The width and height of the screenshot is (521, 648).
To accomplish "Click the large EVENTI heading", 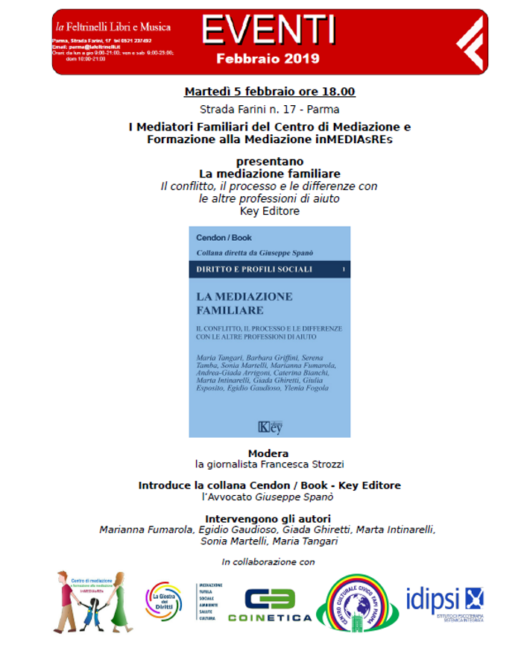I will click(269, 30).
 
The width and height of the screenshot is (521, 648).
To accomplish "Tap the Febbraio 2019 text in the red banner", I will click(268, 58).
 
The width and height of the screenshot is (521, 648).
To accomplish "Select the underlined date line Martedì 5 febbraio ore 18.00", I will click(269, 92).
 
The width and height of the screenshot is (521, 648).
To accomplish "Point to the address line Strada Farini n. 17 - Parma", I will click(269, 110).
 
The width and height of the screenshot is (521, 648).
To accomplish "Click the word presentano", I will click(269, 161).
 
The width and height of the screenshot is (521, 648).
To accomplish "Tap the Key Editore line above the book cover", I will click(269, 211).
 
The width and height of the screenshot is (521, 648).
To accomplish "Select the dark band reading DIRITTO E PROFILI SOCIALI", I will click(269, 268).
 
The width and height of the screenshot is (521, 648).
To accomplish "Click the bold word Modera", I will click(268, 453).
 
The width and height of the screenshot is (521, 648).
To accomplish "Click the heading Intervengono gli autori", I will click(268, 518).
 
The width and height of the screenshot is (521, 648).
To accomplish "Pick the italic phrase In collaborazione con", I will click(268, 561).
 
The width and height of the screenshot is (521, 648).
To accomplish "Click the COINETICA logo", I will click(270, 605).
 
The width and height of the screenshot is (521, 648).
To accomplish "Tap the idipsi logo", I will click(444, 601).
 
